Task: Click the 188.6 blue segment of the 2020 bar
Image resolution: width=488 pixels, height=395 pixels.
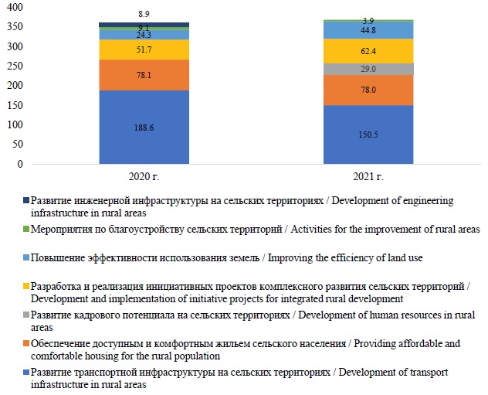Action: click(x=144, y=128)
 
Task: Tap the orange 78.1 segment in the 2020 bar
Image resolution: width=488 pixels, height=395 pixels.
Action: click(x=144, y=75)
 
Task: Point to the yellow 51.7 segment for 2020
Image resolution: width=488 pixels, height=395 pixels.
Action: click(x=144, y=49)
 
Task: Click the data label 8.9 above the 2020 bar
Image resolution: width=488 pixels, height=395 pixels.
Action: click(x=144, y=15)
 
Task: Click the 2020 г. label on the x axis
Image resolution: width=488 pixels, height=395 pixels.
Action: click(x=144, y=179)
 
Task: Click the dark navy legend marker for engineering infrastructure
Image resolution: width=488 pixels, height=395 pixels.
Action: click(x=26, y=200)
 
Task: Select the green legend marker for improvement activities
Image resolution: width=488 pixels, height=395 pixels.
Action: click(x=26, y=230)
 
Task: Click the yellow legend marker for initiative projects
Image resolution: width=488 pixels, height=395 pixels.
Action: click(x=26, y=287)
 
